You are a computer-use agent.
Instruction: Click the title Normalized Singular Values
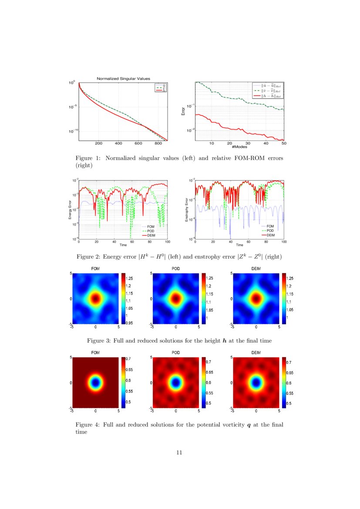coord(123,78)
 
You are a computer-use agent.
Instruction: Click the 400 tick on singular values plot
coord(118,143)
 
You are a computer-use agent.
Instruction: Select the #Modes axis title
coord(239,147)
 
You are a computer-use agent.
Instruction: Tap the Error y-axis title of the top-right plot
coord(183,111)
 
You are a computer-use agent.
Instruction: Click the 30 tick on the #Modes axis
coord(247,143)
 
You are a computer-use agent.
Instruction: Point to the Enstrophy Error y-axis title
coord(187,209)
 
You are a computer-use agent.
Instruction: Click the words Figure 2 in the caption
coord(88,257)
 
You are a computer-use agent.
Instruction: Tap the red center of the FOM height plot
coord(95,299)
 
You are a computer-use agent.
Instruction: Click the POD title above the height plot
coord(175,270)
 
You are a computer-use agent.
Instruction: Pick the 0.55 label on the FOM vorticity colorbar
coord(128,391)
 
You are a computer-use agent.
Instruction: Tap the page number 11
coord(179,452)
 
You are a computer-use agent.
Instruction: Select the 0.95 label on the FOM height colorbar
coord(129,323)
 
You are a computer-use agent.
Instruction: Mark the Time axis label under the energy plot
coord(123,245)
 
